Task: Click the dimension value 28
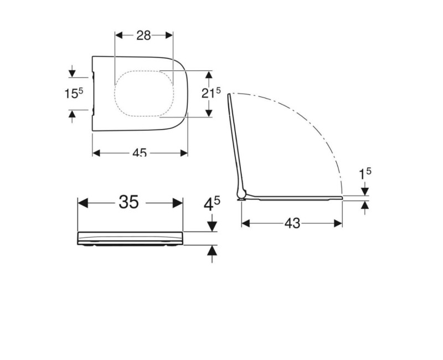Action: click(144, 35)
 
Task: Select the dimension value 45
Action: click(140, 153)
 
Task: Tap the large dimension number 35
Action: click(128, 202)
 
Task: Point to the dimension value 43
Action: click(292, 223)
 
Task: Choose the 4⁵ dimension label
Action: click(212, 204)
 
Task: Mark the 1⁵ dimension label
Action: click(365, 173)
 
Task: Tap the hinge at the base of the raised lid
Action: click(241, 194)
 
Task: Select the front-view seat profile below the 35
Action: click(130, 238)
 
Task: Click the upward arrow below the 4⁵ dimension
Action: click(211, 254)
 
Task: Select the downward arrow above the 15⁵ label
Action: click(72, 71)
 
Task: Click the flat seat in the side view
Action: click(293, 196)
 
